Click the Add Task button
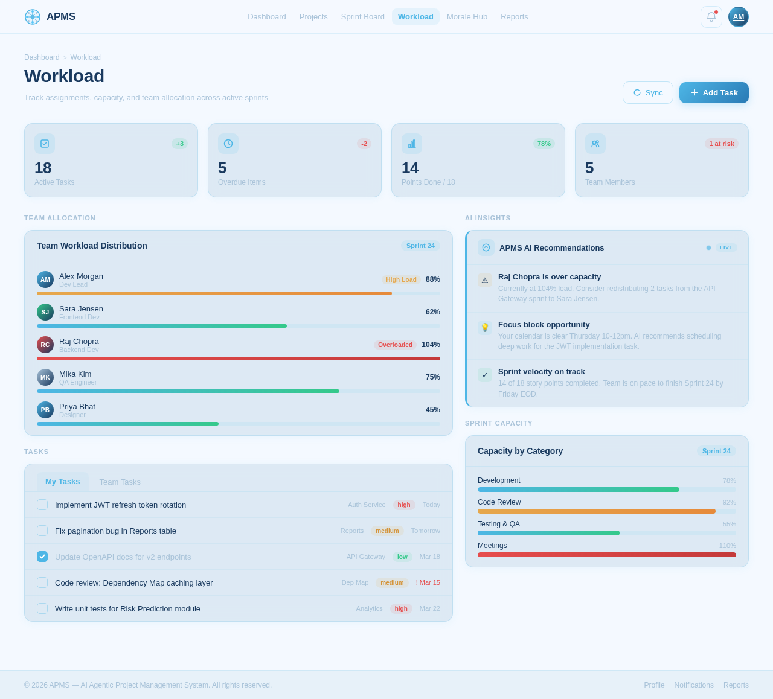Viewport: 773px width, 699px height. [x=714, y=93]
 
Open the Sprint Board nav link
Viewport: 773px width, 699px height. [x=362, y=17]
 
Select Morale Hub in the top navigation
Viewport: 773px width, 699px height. [x=467, y=17]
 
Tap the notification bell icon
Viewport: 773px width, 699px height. [x=711, y=17]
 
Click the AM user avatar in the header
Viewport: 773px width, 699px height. [x=738, y=17]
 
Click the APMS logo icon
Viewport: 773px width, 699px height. [x=33, y=17]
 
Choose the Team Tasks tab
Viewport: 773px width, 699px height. [x=120, y=482]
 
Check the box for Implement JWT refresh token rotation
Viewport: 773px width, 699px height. [x=42, y=505]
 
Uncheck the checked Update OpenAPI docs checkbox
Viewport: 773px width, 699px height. [x=42, y=557]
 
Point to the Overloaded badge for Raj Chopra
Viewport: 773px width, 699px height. [x=395, y=345]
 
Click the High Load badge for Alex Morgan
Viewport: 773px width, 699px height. [x=401, y=279]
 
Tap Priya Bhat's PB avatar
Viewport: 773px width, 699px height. [x=45, y=410]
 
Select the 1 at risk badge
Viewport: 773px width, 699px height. [x=721, y=144]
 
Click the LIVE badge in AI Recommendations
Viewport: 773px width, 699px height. [x=726, y=247]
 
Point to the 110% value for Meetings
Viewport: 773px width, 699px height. [x=727, y=546]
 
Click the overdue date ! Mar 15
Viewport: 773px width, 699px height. [x=428, y=582]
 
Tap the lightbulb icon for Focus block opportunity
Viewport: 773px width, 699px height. [x=485, y=327]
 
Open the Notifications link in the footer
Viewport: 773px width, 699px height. [x=694, y=685]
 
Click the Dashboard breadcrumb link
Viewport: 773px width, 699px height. [x=42, y=57]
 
